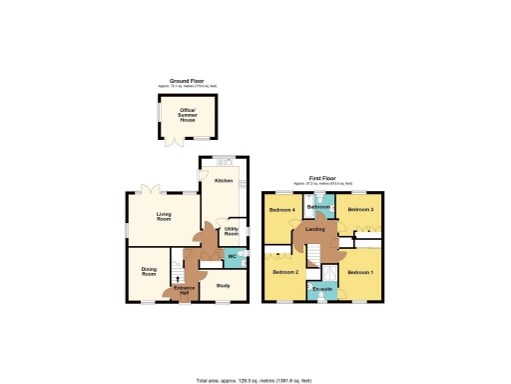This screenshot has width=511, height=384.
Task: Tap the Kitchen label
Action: point(224,181)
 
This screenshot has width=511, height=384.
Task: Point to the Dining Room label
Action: point(149,270)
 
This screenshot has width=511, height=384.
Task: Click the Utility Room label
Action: point(231,233)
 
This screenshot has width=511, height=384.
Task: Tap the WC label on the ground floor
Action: point(231,258)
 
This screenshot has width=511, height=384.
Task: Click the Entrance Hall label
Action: point(185,290)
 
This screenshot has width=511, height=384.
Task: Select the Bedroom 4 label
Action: point(281,210)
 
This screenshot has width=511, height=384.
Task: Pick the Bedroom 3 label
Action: point(360,210)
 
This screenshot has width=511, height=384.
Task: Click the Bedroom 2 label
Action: point(286,272)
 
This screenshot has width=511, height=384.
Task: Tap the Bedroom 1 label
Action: point(360,272)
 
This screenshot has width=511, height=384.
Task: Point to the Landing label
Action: point(315,231)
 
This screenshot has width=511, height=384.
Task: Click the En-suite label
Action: point(321,290)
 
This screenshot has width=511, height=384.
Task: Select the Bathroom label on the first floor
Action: point(320,207)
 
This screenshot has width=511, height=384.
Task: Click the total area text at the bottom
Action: point(255,381)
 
